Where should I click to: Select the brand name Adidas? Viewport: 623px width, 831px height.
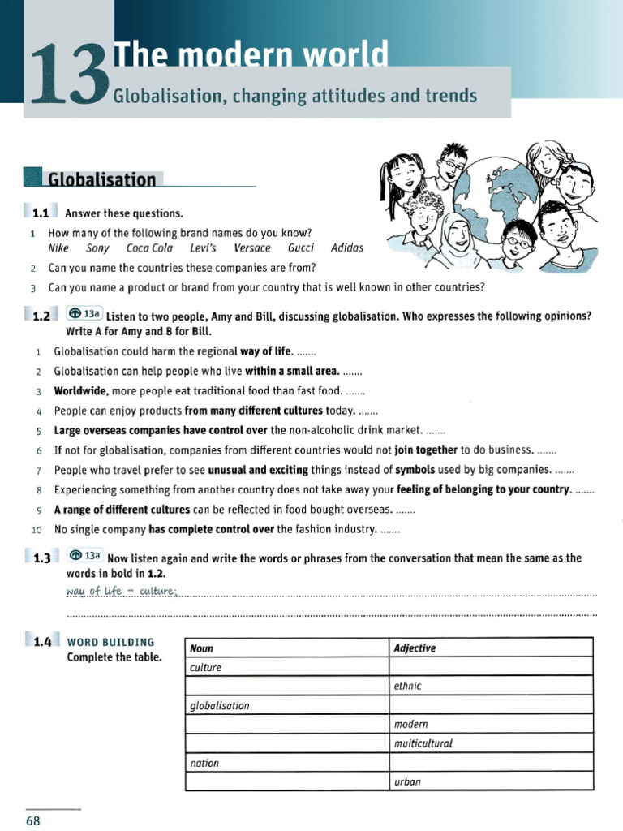[347, 248]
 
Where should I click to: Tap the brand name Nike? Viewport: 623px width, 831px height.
[58, 248]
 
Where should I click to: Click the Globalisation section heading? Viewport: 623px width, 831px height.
[101, 179]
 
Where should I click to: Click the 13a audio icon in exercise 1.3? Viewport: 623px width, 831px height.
[85, 556]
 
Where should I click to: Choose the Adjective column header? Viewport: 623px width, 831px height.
[415, 648]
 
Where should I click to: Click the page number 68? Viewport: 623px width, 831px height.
[33, 820]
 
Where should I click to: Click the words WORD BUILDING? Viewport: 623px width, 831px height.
[110, 642]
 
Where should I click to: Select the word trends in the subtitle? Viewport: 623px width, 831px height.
[451, 97]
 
